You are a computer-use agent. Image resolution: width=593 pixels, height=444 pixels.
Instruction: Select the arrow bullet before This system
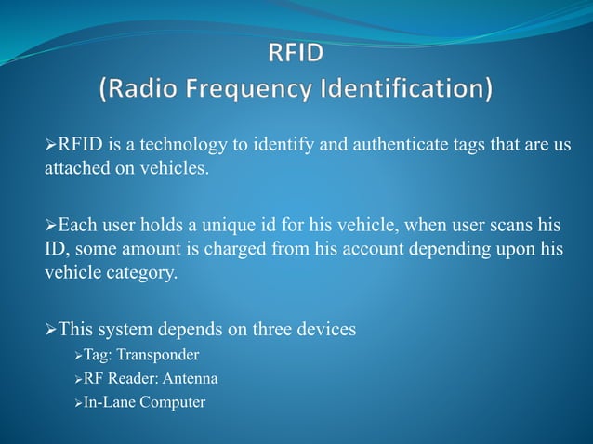51,330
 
